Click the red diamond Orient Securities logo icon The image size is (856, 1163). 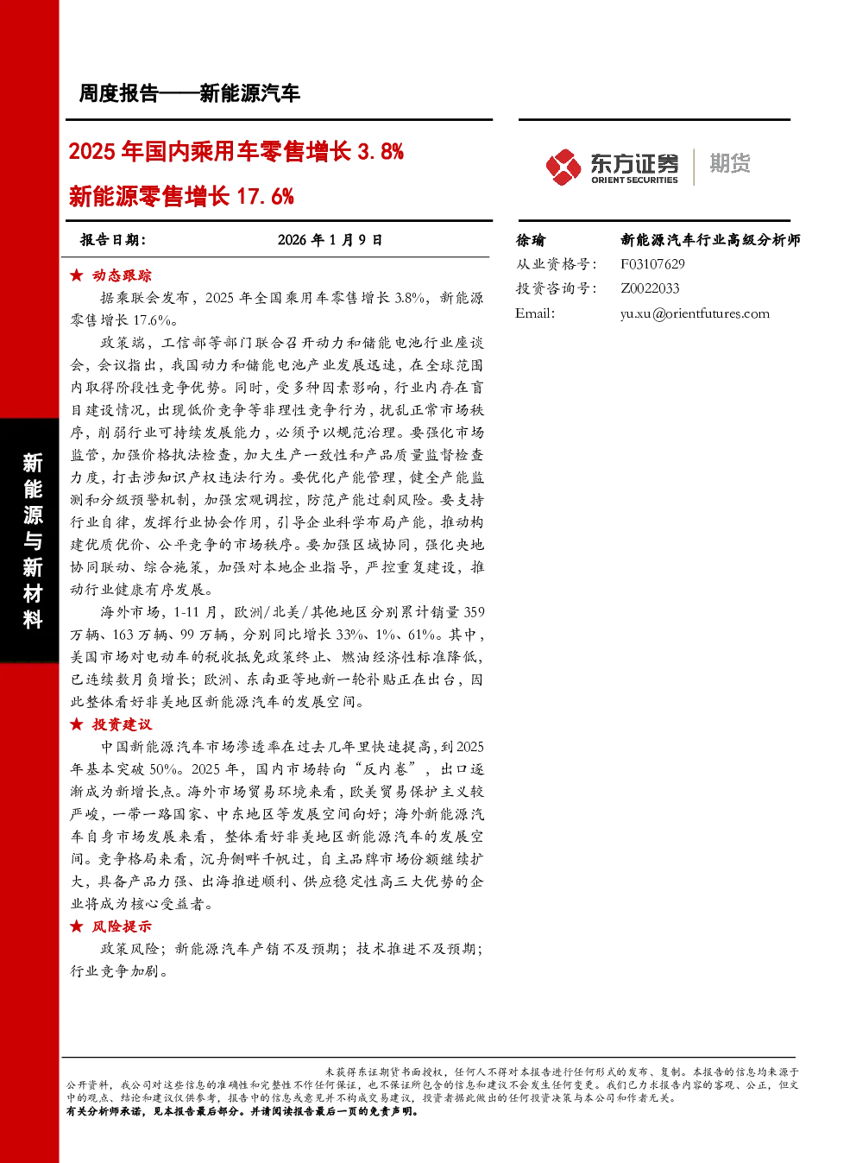tap(563, 167)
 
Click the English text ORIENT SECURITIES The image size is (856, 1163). tap(634, 180)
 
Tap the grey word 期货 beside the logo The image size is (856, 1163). tap(729, 163)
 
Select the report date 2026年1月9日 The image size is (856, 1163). tap(330, 240)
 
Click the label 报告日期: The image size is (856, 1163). tap(113, 240)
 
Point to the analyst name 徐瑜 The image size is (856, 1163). tap(530, 240)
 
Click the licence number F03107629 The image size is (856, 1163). tap(652, 264)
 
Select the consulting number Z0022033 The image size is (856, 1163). tap(650, 288)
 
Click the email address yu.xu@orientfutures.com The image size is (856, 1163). tap(695, 313)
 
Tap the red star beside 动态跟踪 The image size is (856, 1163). tap(77, 275)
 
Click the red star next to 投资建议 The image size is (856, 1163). tap(77, 724)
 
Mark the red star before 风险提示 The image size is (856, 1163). tap(77, 926)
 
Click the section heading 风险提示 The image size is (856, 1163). tap(122, 926)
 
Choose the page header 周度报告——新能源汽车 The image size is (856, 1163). tap(189, 93)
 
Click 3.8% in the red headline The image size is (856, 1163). tap(381, 152)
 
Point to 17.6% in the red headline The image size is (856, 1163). tap(265, 197)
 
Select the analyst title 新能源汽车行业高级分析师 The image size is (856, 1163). tap(710, 240)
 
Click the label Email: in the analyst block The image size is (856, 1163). tap(535, 313)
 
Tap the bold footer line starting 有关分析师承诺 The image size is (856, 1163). tap(242, 1111)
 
